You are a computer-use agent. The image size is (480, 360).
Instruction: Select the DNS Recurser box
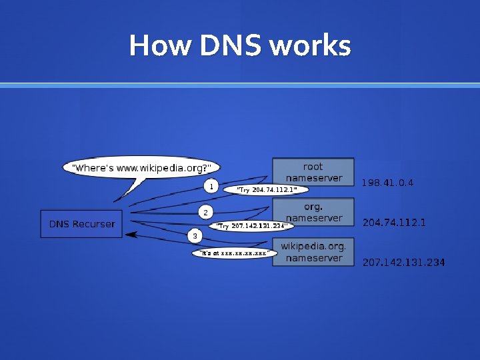pyautogui.click(x=81, y=224)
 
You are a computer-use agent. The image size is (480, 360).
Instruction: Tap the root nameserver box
pyautogui.click(x=313, y=172)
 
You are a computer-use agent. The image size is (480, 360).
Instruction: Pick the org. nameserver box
pyautogui.click(x=313, y=212)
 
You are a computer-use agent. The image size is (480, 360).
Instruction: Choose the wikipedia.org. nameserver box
pyautogui.click(x=313, y=252)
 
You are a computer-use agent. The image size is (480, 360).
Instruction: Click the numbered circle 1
pyautogui.click(x=211, y=186)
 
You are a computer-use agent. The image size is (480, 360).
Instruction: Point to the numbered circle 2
pyautogui.click(x=205, y=213)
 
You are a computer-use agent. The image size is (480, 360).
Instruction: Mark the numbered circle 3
pyautogui.click(x=195, y=236)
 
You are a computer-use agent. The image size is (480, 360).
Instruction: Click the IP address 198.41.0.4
pyautogui.click(x=387, y=183)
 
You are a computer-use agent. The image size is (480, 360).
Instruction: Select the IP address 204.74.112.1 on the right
pyautogui.click(x=394, y=223)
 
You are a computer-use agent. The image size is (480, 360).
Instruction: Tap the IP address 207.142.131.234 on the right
pyautogui.click(x=403, y=263)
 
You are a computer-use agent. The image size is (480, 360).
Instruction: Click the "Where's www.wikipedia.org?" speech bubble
pyautogui.click(x=141, y=167)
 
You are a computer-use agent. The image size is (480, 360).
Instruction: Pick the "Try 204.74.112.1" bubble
pyautogui.click(x=267, y=190)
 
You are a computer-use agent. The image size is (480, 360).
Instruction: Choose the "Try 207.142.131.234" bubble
pyautogui.click(x=252, y=226)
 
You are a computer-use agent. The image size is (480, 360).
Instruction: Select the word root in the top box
pyautogui.click(x=313, y=167)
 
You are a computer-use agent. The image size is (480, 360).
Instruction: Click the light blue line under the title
pyautogui.click(x=240, y=85)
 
